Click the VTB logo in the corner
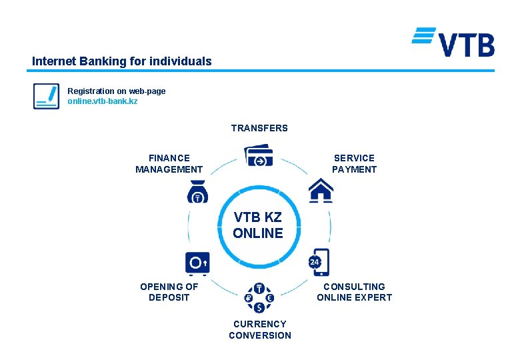pos(453,42)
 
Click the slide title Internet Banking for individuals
pos(121,61)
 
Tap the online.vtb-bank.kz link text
pos(103,101)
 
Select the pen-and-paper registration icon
pos(46,96)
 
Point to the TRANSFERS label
pos(259,128)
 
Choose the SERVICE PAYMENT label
pos(354,163)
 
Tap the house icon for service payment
pos(321,191)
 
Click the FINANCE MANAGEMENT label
pos(169,163)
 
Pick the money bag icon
pos(197,192)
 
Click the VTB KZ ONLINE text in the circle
pos(258,225)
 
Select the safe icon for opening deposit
pos(197,263)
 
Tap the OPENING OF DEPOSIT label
pos(169,292)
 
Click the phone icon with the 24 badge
pos(319,262)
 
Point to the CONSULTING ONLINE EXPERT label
pos(354,292)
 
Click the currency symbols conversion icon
pos(259,298)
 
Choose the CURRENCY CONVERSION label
pos(259,329)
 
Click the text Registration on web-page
pos(117,91)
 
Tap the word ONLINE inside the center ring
pos(258,233)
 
